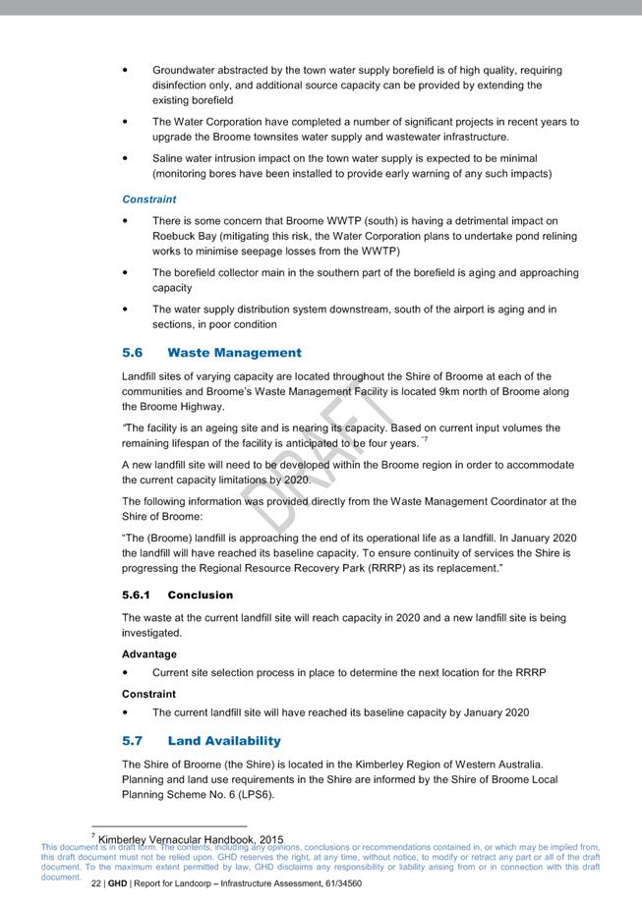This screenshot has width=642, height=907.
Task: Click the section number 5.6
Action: coord(133,353)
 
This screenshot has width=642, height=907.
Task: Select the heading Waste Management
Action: coord(234,353)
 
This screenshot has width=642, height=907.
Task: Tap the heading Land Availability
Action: coord(223,741)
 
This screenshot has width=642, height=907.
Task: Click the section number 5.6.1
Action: coord(136,595)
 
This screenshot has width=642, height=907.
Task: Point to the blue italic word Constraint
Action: coord(149,199)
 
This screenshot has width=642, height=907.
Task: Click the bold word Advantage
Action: coord(149,654)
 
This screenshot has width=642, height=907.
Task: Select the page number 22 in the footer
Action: coord(96,883)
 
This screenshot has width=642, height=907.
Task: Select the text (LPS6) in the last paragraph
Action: coord(255,794)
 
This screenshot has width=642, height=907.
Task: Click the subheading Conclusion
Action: coord(201,595)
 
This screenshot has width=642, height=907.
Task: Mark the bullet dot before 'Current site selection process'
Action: coord(125,673)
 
